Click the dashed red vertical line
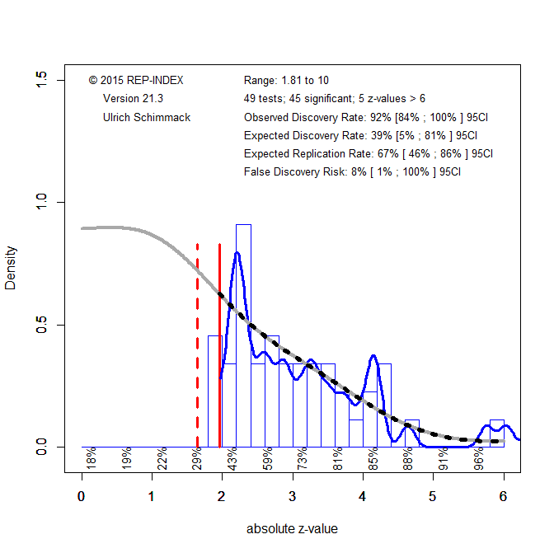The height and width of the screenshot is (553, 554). pyautogui.click(x=197, y=346)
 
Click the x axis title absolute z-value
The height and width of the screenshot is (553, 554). pyautogui.click(x=292, y=528)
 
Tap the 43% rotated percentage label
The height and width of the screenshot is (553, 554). pyautogui.click(x=233, y=458)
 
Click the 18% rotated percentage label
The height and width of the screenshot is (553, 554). pyautogui.click(x=92, y=458)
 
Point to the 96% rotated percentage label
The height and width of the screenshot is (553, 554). pyautogui.click(x=479, y=458)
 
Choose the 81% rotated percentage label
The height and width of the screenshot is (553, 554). pyautogui.click(x=338, y=458)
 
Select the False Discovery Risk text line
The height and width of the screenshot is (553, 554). pyautogui.click(x=352, y=172)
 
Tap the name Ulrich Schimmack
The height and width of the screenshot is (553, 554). pyautogui.click(x=147, y=117)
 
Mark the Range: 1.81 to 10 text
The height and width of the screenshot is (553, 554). pyautogui.click(x=286, y=80)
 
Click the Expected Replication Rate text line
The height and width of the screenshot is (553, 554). pyautogui.click(x=369, y=154)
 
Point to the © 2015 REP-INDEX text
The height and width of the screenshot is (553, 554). pyautogui.click(x=136, y=80)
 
